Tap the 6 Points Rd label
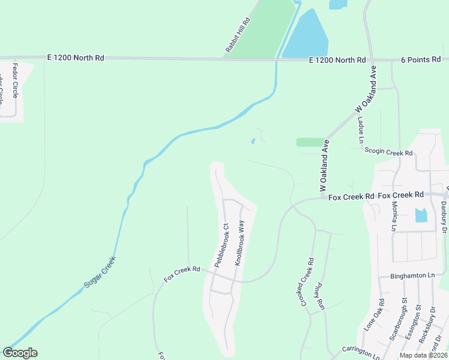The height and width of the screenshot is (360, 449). (420, 59)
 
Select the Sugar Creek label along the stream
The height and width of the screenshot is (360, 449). (99, 272)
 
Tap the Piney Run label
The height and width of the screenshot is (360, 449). (319, 296)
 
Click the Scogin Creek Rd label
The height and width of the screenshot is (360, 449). (388, 153)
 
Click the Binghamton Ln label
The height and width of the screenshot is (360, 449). (406, 275)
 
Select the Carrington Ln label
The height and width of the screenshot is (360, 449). (361, 353)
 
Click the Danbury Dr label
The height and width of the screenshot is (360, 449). (444, 217)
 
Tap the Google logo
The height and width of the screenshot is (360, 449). (20, 353)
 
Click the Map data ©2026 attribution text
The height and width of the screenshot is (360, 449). (423, 355)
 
